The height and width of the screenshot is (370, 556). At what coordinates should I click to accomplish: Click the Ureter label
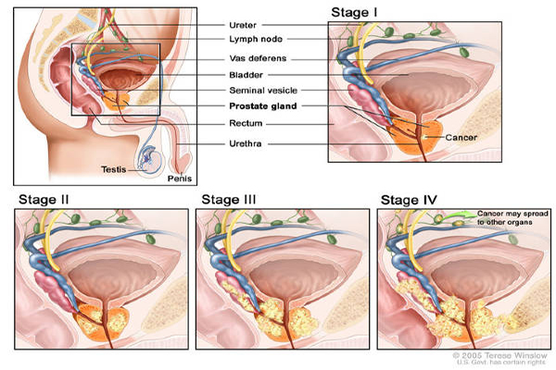(x=243, y=25)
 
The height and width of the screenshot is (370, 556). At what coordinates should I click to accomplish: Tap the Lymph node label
(x=256, y=39)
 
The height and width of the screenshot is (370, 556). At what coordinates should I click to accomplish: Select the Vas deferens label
(x=258, y=58)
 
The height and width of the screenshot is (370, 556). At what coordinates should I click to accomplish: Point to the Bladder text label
(x=246, y=75)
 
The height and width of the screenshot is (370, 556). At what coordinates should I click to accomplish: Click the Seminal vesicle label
(x=263, y=91)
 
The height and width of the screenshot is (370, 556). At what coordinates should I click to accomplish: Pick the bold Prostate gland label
(x=263, y=105)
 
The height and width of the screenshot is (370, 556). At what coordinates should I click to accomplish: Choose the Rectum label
(x=246, y=123)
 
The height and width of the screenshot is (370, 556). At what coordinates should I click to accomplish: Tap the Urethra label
(x=246, y=143)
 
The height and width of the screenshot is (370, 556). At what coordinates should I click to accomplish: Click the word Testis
(x=113, y=169)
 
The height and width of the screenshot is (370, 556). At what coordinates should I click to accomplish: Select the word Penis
(x=180, y=179)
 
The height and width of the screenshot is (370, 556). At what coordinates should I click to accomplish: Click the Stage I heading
(x=354, y=12)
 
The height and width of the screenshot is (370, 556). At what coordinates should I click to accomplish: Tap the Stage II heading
(x=44, y=200)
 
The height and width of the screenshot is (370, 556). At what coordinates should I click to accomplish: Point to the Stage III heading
(x=228, y=200)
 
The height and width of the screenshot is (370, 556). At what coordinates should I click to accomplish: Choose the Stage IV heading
(x=409, y=200)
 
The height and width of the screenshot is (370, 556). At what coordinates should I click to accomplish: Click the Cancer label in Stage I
(x=461, y=138)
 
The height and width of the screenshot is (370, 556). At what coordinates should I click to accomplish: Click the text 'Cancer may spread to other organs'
(x=512, y=217)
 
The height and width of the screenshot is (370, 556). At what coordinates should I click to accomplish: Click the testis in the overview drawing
(x=151, y=160)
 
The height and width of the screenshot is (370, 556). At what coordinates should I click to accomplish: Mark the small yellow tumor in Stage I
(x=424, y=137)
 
